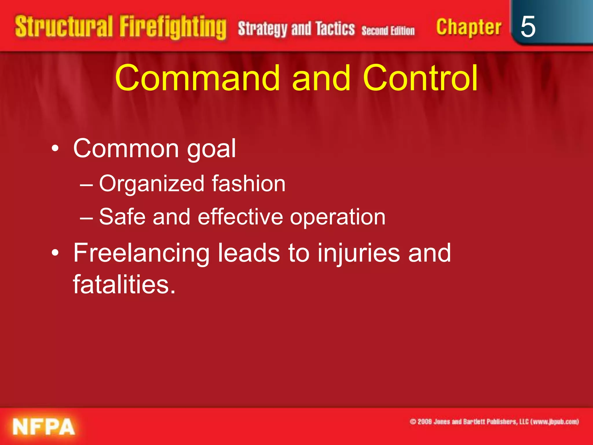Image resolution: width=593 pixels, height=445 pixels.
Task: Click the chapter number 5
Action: (x=528, y=27)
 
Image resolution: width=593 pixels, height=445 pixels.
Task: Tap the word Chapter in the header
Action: (x=468, y=27)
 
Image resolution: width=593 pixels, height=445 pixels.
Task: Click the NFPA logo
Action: (x=44, y=426)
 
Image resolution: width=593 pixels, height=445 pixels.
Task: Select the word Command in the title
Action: (x=197, y=78)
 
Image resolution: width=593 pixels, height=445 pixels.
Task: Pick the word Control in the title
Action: (x=420, y=78)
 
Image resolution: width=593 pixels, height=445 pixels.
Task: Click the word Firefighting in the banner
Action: (x=173, y=27)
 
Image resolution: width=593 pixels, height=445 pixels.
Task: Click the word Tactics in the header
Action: (x=335, y=29)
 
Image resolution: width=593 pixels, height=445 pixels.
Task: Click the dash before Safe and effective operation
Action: (x=86, y=218)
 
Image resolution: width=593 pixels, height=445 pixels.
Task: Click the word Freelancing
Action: (x=141, y=253)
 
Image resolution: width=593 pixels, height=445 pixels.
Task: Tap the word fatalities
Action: (x=124, y=284)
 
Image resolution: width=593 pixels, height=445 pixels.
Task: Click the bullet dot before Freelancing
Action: (x=55, y=253)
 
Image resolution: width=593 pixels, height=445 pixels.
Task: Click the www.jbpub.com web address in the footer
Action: (x=554, y=422)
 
